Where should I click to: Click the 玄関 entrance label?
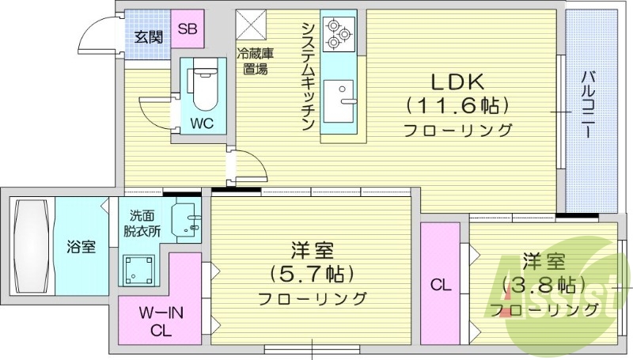(148, 36)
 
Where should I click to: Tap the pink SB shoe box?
(188, 29)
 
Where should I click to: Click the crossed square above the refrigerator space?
(252, 24)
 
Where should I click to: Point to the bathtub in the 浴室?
(30, 246)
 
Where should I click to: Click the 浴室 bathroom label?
(81, 246)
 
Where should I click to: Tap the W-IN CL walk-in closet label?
(161, 322)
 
